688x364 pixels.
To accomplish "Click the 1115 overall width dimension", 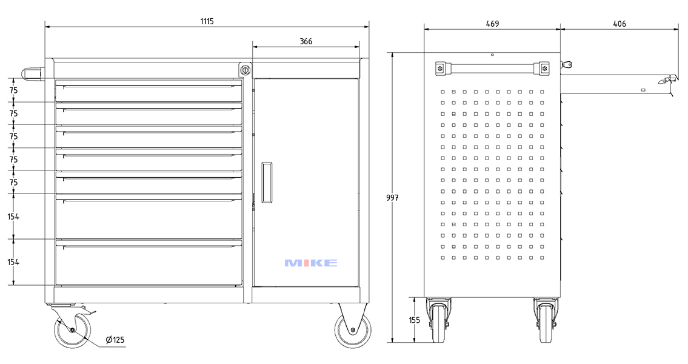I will click(x=207, y=21).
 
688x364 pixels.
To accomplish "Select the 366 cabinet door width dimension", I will click(x=306, y=41).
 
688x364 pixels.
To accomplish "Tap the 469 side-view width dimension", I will click(x=492, y=24).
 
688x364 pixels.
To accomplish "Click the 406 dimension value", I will click(x=619, y=24).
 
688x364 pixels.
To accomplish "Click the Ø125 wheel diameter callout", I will click(x=115, y=340).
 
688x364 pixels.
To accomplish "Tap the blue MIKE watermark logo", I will click(x=310, y=263).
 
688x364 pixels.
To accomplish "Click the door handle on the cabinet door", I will click(x=267, y=182).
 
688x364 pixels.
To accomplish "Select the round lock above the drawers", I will click(x=245, y=70).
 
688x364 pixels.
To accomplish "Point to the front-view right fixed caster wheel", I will click(x=353, y=331).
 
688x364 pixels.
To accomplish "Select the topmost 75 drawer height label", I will click(x=13, y=90).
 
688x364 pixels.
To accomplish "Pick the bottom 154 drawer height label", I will click(x=13, y=262).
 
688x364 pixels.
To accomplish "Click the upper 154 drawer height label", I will click(x=13, y=217).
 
